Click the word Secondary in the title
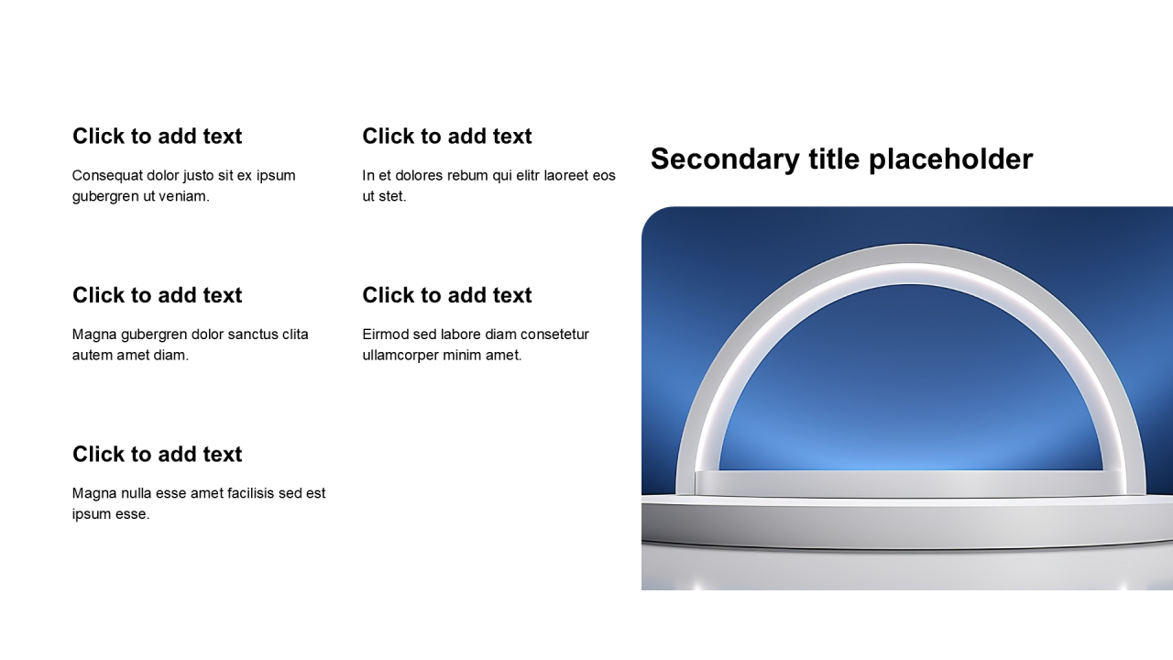click(725, 159)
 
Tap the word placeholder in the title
click(951, 159)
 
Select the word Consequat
click(107, 175)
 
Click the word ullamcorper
click(400, 356)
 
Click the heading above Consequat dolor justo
click(157, 137)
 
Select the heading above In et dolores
click(447, 137)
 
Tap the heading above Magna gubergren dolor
click(157, 295)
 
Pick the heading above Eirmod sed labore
click(447, 295)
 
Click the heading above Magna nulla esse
click(157, 454)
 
